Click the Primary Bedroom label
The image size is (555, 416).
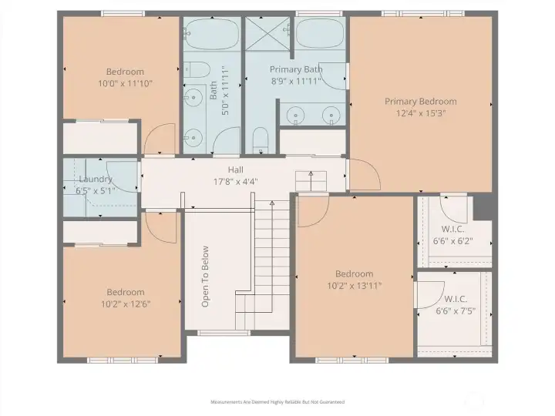(x=421, y=102)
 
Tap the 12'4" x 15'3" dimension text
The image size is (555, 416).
(x=421, y=113)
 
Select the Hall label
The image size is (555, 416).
(x=236, y=169)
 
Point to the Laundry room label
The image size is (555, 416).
(x=96, y=179)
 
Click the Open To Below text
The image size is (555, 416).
(x=205, y=277)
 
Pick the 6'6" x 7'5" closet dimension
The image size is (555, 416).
(x=456, y=311)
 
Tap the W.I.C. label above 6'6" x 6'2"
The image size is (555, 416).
(x=453, y=230)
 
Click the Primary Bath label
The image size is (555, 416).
(x=296, y=69)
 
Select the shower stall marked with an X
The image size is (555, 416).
(x=267, y=33)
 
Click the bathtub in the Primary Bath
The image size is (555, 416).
(x=320, y=33)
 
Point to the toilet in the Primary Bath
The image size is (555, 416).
(x=261, y=140)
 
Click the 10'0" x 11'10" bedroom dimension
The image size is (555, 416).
(x=126, y=84)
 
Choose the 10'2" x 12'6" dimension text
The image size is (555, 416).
(x=126, y=304)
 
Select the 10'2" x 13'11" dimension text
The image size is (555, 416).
(x=355, y=286)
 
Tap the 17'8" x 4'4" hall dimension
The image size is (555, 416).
(x=236, y=182)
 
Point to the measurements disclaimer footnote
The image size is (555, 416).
(x=277, y=402)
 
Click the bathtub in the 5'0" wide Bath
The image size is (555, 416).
(x=212, y=34)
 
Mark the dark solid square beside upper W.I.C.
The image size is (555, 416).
(x=483, y=207)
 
